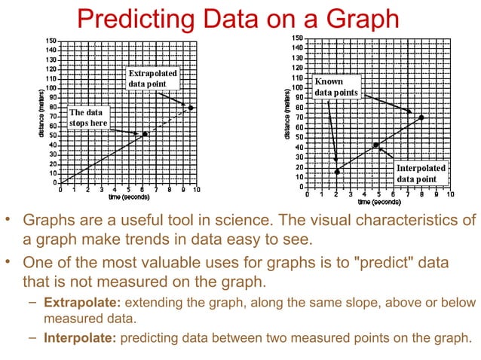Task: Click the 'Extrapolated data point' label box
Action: coord(152,79)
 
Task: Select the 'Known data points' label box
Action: coord(336,87)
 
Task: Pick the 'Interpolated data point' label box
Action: coord(421,174)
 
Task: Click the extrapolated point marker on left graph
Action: coord(191,108)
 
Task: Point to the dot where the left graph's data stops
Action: coord(145,134)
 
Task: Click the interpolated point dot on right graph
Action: coord(375,145)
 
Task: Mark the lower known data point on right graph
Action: coord(337,172)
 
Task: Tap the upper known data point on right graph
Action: coord(421,117)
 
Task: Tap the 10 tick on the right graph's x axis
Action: coord(452,194)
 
